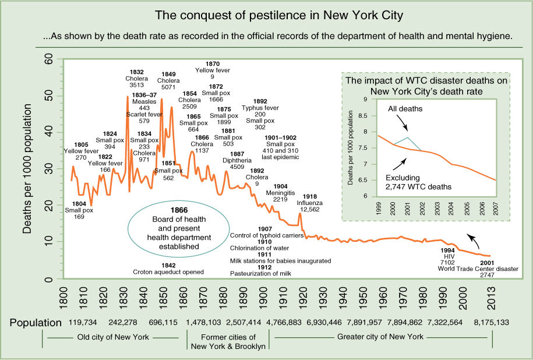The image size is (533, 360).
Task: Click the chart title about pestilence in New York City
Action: [267, 13]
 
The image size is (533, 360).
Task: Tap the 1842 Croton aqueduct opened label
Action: [168, 268]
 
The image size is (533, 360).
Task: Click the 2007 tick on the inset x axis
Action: [496, 209]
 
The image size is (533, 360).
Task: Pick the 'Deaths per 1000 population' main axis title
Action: [28, 169]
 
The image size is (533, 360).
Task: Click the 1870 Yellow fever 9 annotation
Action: [213, 70]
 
